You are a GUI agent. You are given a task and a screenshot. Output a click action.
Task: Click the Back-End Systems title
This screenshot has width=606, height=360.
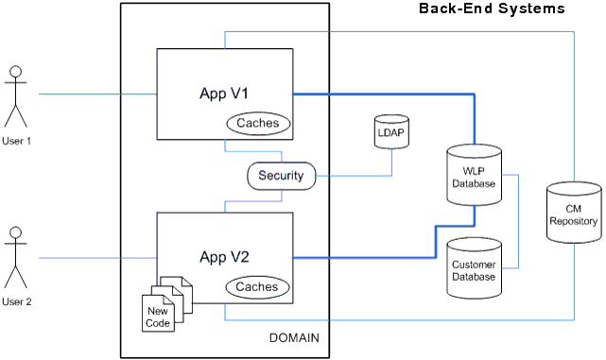point(492,9)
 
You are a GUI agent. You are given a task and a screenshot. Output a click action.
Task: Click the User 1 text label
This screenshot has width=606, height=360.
point(16,141)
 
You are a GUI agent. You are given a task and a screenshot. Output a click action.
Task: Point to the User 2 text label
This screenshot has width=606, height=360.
point(16,301)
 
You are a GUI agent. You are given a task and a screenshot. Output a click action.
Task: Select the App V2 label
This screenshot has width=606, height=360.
point(223,256)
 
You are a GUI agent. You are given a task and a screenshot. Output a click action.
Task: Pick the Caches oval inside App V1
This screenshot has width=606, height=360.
point(258,123)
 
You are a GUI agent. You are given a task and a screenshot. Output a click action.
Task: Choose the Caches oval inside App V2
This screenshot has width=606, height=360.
point(256,286)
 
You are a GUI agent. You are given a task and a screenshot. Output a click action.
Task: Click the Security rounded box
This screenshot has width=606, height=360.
point(281,176)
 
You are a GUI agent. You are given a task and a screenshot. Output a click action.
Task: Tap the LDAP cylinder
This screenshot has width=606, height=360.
point(390,132)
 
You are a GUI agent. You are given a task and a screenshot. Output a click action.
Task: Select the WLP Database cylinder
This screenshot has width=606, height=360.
point(473,175)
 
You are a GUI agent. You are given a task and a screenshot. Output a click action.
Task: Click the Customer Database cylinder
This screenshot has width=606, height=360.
point(473,268)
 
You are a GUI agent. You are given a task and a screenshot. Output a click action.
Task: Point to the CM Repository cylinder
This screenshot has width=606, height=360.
point(574,215)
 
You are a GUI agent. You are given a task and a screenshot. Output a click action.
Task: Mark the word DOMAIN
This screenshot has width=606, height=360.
point(294,338)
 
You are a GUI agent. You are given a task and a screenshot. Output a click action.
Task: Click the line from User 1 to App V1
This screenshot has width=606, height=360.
point(95,94)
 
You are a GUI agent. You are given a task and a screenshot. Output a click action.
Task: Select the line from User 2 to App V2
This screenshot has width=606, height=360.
point(95,257)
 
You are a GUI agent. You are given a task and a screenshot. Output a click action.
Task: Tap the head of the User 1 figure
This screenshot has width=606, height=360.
point(15,72)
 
